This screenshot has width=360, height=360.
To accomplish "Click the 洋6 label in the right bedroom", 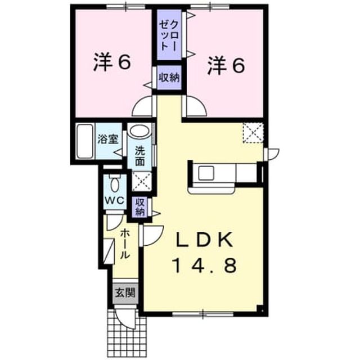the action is pyautogui.click(x=226, y=65).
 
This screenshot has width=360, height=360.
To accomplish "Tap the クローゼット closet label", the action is pyautogui.click(x=169, y=35).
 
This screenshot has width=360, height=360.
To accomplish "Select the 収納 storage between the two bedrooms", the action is pyautogui.click(x=169, y=78).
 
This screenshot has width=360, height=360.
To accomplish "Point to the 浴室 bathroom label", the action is pyautogui.click(x=108, y=139).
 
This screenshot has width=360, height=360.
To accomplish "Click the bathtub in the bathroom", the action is pyautogui.click(x=85, y=141).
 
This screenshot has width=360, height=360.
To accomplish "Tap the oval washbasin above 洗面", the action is pyautogui.click(x=139, y=131).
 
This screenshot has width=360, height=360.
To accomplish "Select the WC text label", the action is pyautogui.click(x=115, y=201).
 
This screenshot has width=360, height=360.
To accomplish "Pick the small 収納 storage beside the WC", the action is pyautogui.click(x=139, y=207).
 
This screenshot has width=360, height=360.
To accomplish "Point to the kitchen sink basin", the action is pyautogui.click(x=206, y=173).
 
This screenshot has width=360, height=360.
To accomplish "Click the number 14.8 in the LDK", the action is pyautogui.click(x=205, y=265).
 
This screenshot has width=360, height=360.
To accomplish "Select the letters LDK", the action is pyautogui.click(x=205, y=240).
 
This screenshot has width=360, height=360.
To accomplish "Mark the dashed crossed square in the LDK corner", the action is pyautogui.click(x=253, y=133).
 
